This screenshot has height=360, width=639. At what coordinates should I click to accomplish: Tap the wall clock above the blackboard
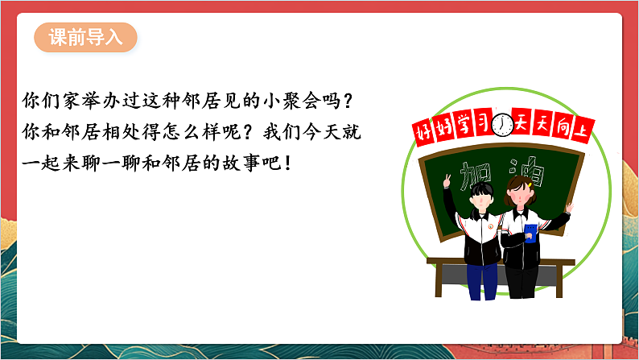click(503, 125)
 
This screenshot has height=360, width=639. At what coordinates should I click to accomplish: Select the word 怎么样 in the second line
click(194, 129)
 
